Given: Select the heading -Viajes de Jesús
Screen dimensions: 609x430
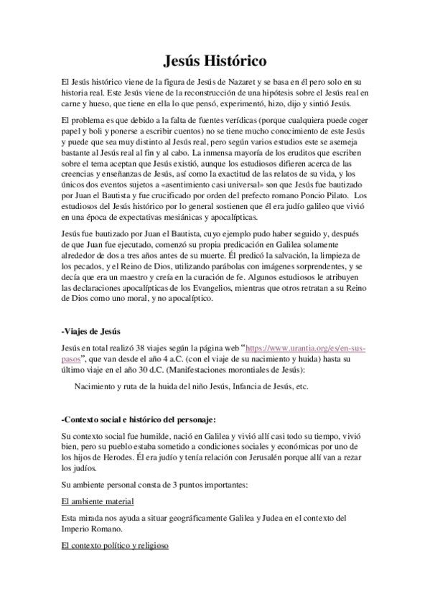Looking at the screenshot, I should coord(90,330).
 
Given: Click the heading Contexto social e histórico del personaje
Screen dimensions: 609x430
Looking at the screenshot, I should coord(138,419).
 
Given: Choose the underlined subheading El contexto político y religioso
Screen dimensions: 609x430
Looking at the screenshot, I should coord(115,546).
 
